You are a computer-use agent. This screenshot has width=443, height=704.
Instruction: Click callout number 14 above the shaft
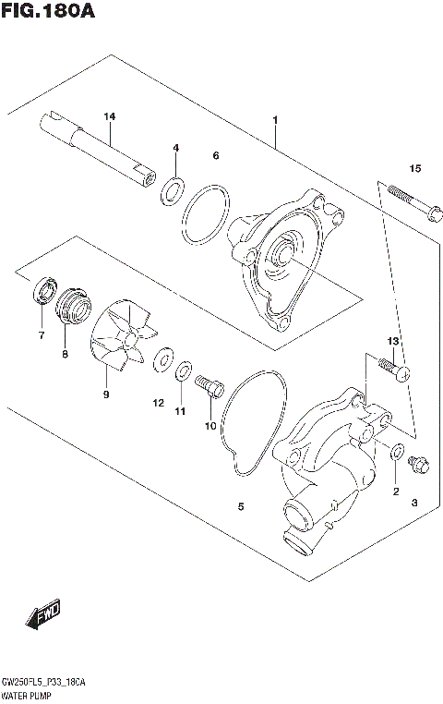click(x=110, y=116)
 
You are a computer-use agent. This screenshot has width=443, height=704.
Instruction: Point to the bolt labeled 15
click(x=411, y=203)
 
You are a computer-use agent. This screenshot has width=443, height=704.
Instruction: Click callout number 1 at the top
click(x=274, y=120)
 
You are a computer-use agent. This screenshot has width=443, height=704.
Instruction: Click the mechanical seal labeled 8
click(x=75, y=307)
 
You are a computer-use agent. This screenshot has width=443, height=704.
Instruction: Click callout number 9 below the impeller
click(x=106, y=394)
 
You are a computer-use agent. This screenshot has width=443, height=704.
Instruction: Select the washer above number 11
click(x=185, y=371)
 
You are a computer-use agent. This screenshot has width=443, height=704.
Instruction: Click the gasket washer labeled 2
click(x=397, y=453)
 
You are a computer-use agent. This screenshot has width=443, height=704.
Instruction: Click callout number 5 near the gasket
click(x=241, y=506)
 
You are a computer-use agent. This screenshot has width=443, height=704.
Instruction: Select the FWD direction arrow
click(x=42, y=614)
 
